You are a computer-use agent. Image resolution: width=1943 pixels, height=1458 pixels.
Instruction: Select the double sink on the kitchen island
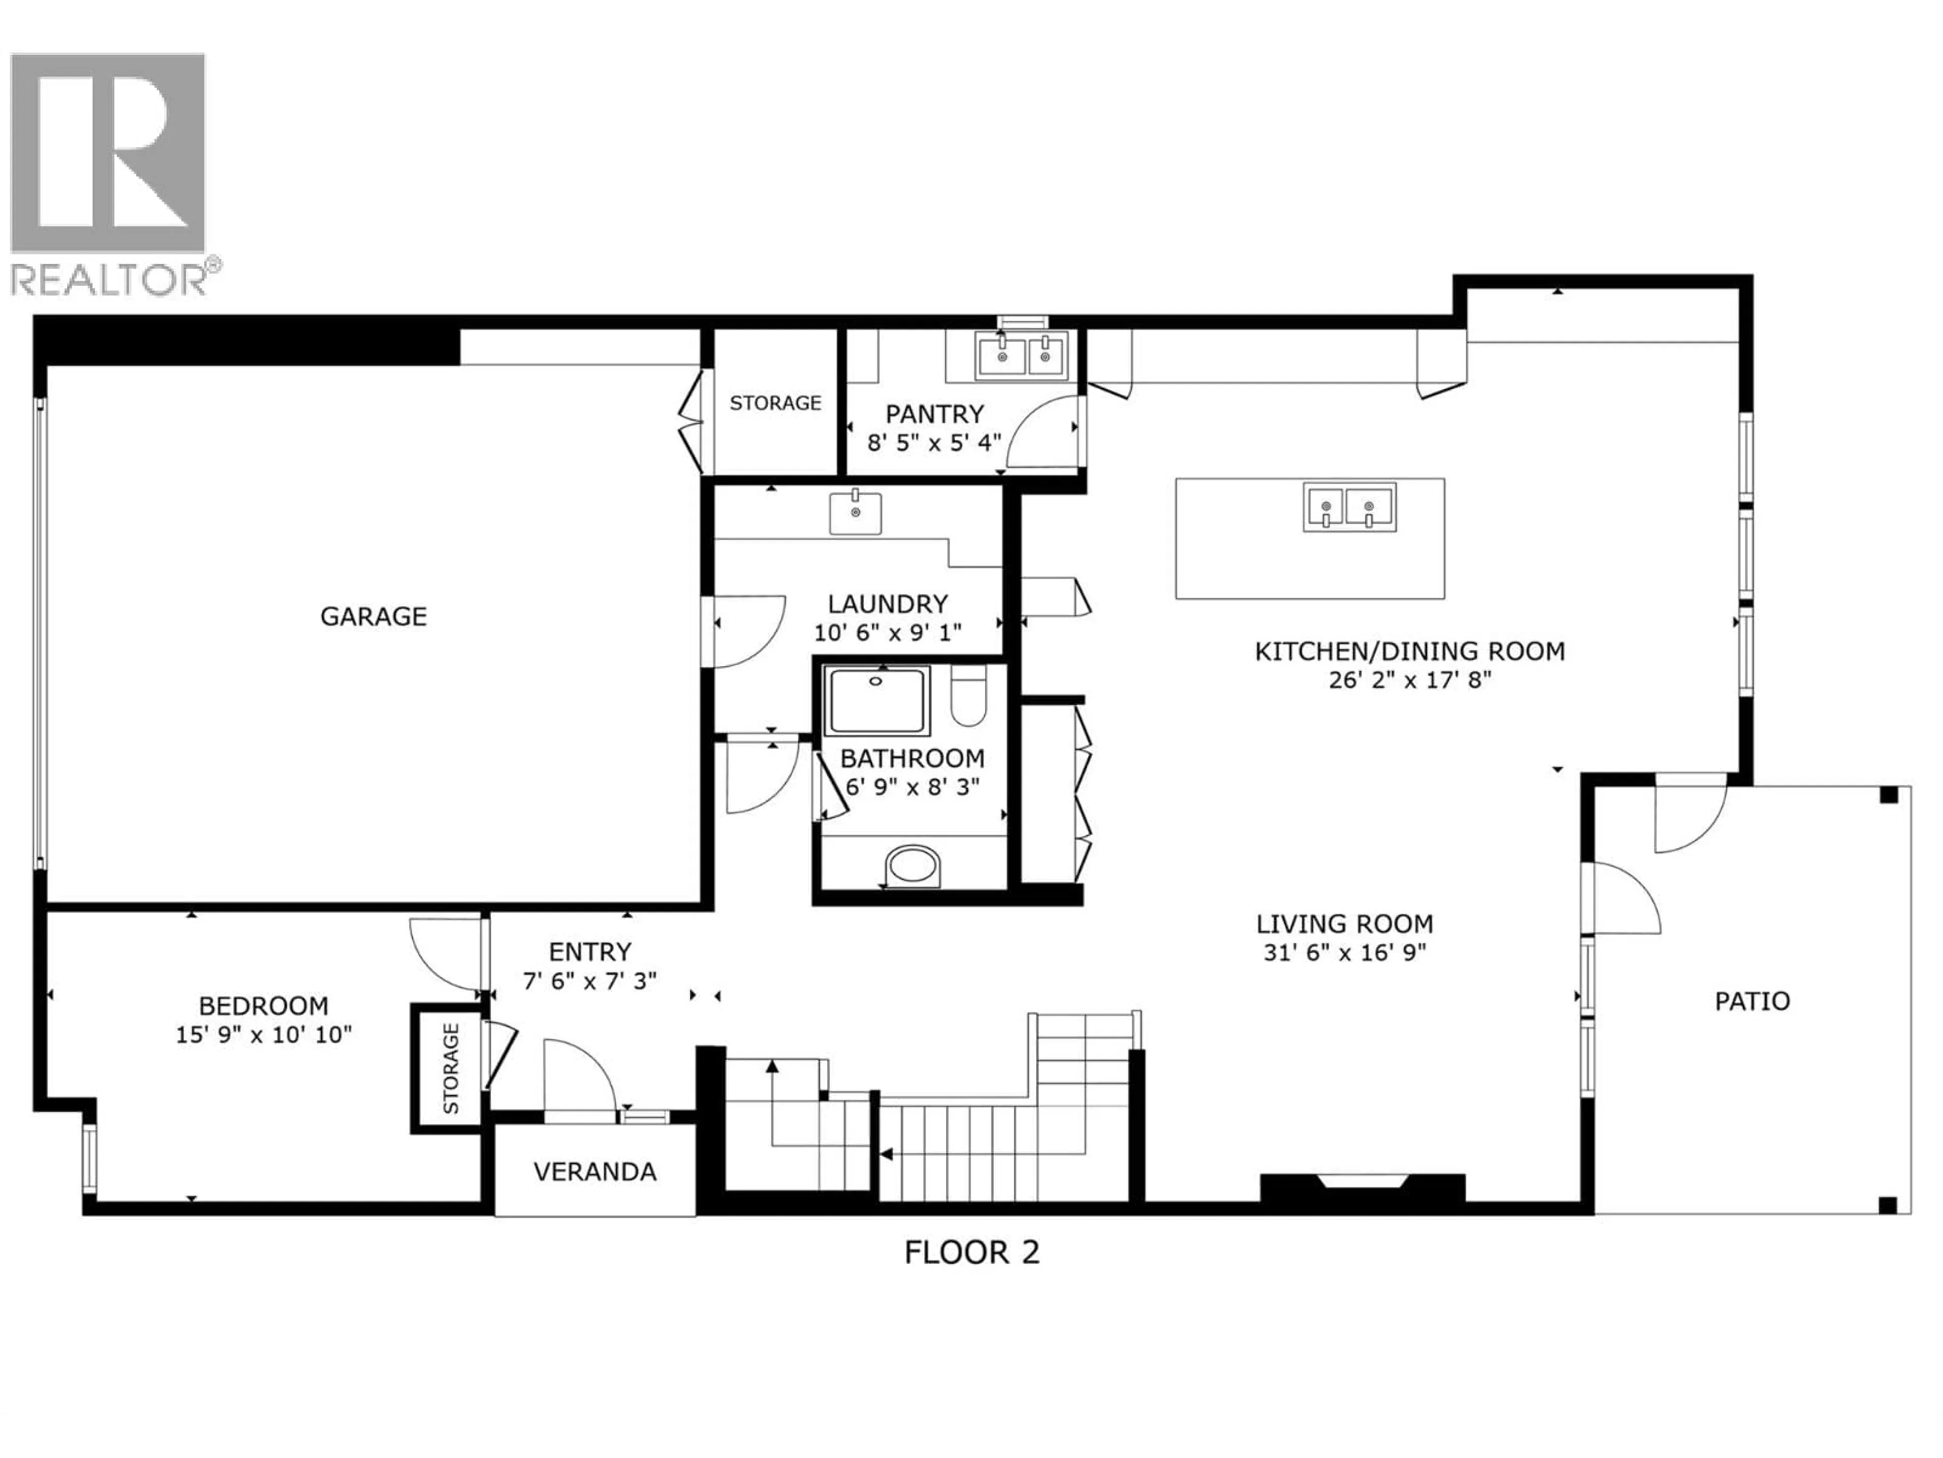(x=1349, y=507)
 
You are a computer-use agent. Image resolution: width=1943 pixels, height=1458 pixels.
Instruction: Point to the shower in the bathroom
(x=877, y=701)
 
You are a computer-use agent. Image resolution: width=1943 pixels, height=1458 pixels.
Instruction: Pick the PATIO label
(x=1752, y=1001)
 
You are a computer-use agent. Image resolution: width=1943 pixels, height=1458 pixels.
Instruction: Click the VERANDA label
(x=595, y=1171)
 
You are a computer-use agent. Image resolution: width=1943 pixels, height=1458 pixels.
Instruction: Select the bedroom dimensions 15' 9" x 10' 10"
(x=264, y=1034)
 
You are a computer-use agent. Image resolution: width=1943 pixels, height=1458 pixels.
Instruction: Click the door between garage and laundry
(x=747, y=630)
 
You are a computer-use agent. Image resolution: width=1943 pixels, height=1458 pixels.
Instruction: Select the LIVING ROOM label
(x=1344, y=924)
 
